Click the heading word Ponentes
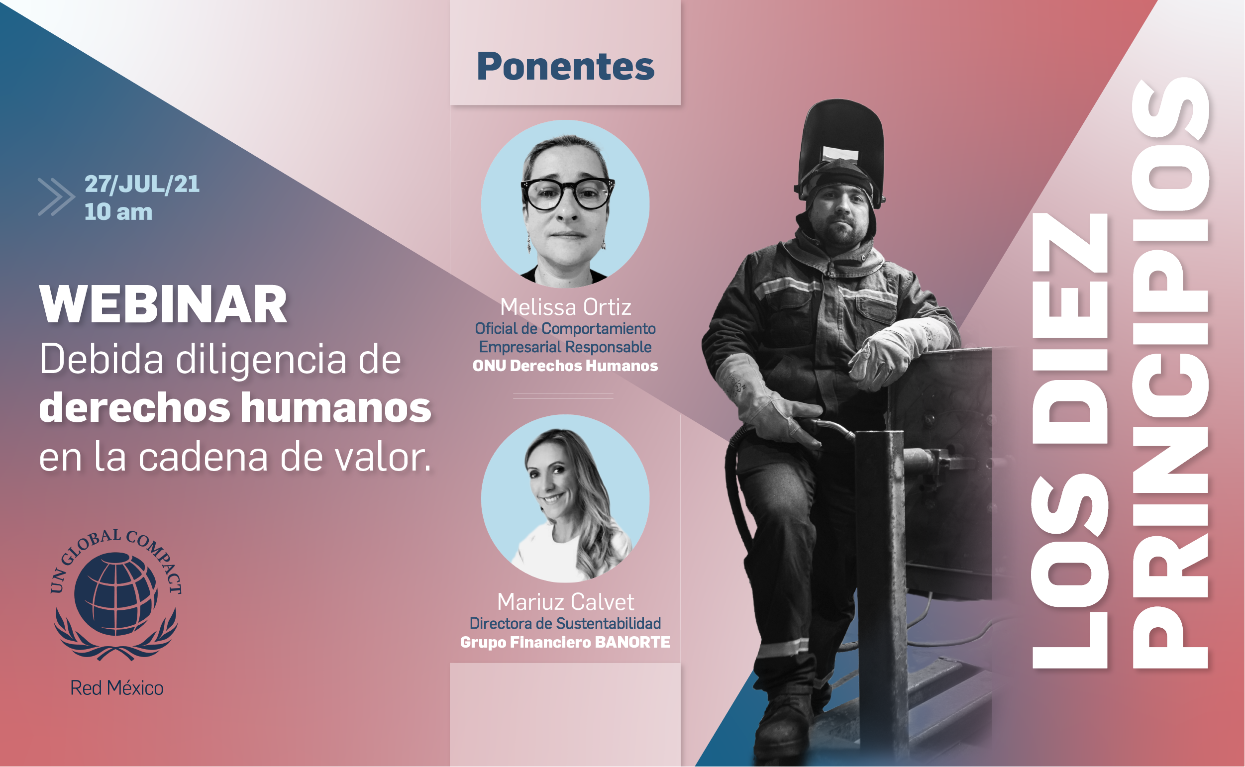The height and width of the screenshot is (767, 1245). [565, 67]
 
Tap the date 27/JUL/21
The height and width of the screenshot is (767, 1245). [142, 184]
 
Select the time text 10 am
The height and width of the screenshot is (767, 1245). [118, 212]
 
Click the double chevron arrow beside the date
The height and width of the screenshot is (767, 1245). [56, 197]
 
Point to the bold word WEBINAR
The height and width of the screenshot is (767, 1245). [163, 304]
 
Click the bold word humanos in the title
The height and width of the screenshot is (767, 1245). [336, 407]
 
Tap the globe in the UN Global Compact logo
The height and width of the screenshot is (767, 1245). [116, 594]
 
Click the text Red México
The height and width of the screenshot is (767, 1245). [116, 688]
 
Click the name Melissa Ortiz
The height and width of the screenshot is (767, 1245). [566, 307]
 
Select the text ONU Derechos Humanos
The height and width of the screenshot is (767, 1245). [565, 366]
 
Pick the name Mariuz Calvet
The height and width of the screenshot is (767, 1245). [565, 602]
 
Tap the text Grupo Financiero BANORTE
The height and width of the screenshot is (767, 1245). [565, 643]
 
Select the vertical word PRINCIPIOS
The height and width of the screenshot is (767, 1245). [1170, 374]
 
